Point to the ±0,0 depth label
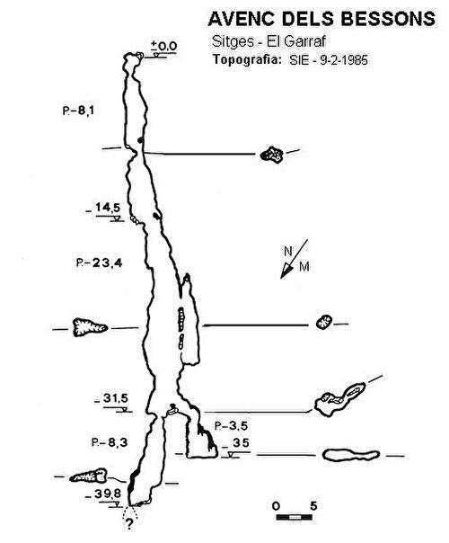164,46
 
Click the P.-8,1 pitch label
78,111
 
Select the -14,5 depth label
104,208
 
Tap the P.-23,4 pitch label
100,263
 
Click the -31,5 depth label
111,398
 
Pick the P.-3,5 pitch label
231,426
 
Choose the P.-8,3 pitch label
110,442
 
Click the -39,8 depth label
103,494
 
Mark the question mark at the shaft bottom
129,524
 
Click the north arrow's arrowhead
286,271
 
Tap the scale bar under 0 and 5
294,517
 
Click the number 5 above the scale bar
313,506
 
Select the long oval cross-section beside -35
351,455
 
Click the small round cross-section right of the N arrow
324,322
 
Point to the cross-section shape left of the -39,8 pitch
88,476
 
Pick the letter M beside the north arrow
304,267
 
